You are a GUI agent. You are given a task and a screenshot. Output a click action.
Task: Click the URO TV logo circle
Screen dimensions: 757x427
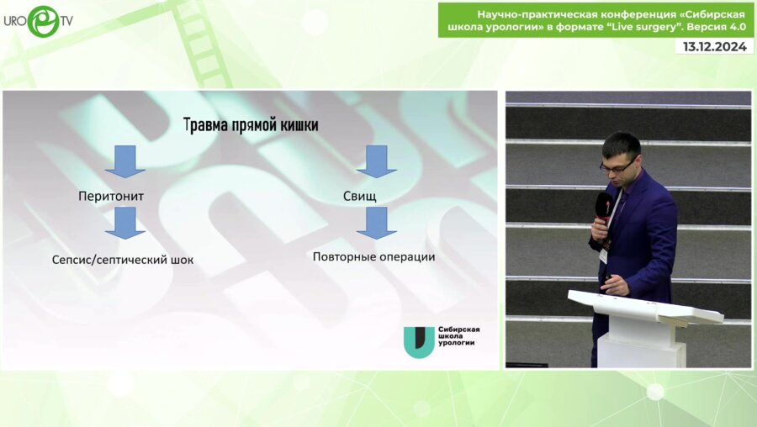[x=44, y=21]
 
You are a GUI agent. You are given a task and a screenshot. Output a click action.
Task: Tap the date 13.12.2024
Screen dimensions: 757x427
[x=714, y=47]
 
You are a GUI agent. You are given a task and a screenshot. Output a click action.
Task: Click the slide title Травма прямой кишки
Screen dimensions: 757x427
[x=251, y=125]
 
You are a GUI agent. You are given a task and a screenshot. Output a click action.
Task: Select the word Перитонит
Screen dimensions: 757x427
[x=111, y=196]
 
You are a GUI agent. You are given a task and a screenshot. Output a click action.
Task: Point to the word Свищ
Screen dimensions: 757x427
[x=360, y=196]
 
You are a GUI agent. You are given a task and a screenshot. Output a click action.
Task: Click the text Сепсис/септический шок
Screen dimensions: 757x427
[x=123, y=260]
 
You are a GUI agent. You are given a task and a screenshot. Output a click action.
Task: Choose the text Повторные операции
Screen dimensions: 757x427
[x=373, y=256]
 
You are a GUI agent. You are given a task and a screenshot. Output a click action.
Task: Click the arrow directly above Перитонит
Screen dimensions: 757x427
[x=125, y=161]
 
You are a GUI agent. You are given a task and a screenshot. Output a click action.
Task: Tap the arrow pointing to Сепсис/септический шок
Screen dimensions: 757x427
[x=125, y=223]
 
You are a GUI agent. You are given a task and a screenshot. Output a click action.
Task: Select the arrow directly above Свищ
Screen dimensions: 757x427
[x=377, y=161]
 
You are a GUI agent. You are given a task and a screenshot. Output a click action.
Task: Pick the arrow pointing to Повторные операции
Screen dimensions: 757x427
[x=377, y=223]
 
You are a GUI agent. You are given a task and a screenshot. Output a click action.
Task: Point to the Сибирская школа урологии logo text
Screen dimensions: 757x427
[x=458, y=336]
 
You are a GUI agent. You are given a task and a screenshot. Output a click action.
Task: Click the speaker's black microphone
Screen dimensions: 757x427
[x=604, y=208]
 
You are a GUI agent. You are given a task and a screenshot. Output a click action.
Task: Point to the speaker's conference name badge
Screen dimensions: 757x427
[x=603, y=256]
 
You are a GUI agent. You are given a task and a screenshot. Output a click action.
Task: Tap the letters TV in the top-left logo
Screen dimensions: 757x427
[x=66, y=21]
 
